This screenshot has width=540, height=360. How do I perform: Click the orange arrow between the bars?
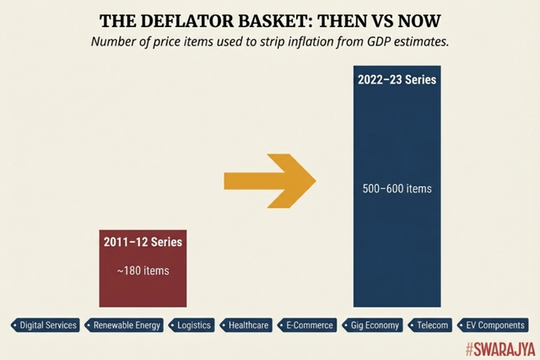[268, 180]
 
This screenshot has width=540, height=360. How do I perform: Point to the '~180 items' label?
[143, 271]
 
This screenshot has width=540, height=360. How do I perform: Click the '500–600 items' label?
[397, 188]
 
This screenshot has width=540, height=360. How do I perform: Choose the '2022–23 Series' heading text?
[397, 82]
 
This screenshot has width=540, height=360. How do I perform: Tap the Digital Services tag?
[46, 325]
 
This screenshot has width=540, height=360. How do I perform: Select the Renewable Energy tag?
[126, 325]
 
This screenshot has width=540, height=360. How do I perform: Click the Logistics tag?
[193, 325]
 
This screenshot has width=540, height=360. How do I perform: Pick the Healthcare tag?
[246, 325]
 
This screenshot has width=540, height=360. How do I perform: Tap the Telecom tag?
[430, 325]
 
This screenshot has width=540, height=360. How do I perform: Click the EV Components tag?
[492, 325]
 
